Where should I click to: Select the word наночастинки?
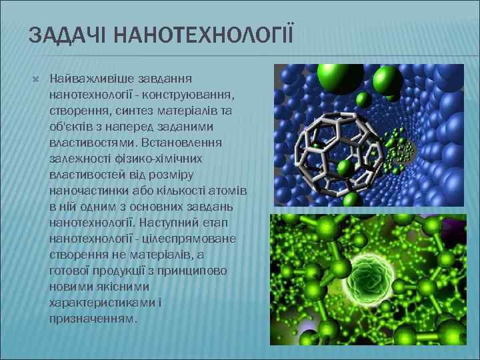point(85,191)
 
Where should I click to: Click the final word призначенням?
point(93,319)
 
